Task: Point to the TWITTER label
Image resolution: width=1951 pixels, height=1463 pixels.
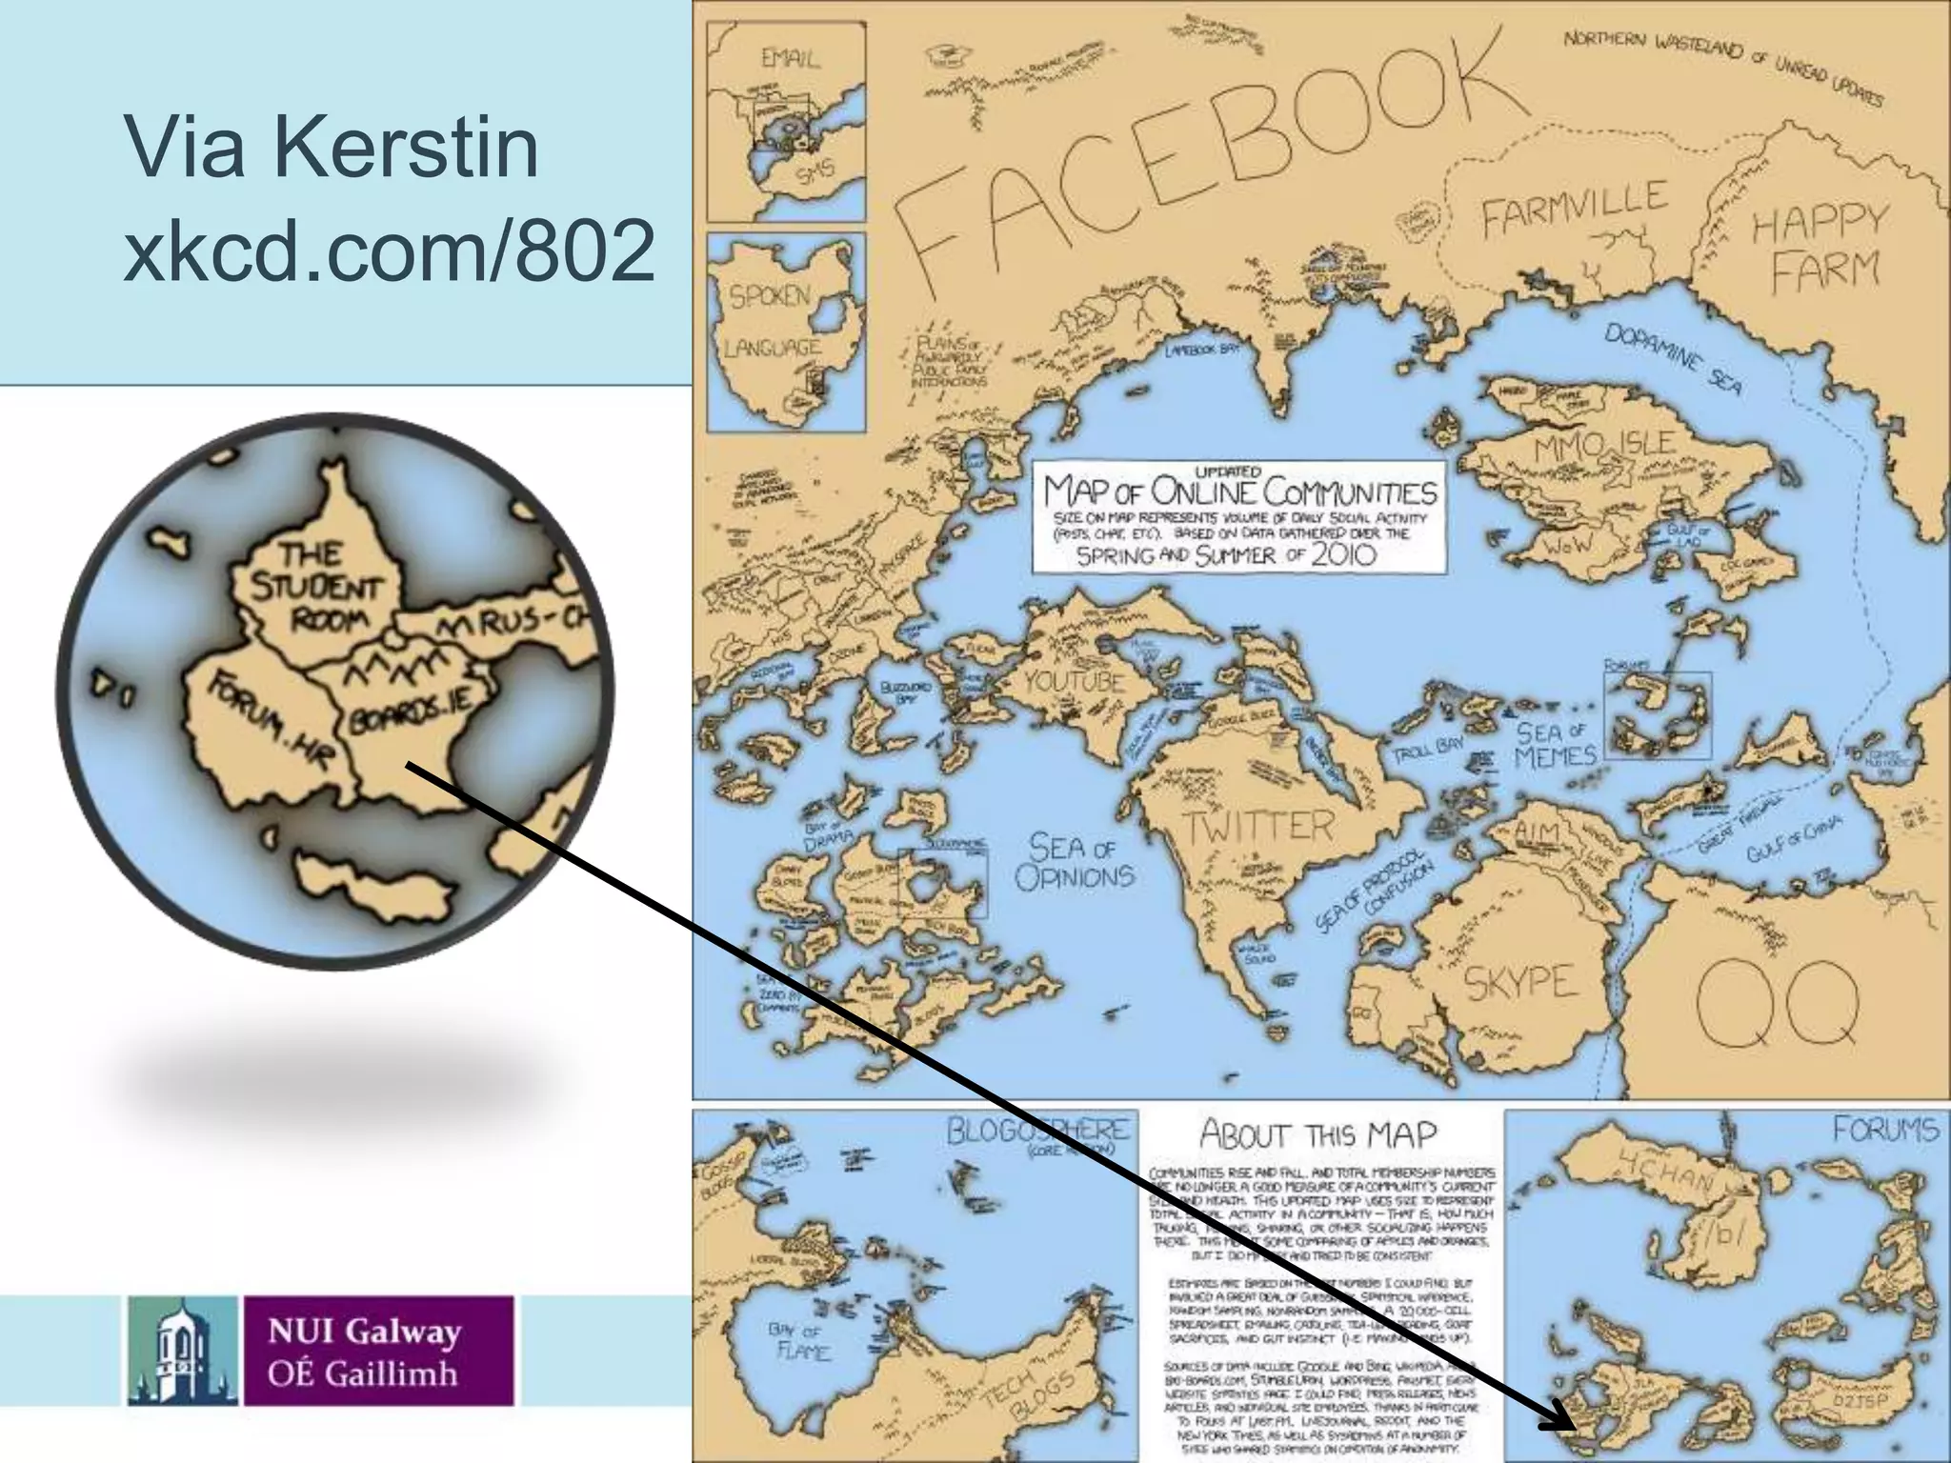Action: coord(1257,827)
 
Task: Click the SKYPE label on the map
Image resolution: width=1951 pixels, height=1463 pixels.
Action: coord(1520,981)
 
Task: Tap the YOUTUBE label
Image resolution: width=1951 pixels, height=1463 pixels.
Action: coord(1075,681)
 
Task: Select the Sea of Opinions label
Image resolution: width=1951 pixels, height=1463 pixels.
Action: coord(1075,862)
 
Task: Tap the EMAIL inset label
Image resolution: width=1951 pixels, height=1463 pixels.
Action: coord(790,59)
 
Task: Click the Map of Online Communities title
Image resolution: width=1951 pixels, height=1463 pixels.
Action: coord(1239,491)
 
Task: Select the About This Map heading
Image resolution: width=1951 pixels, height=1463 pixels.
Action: coord(1317,1134)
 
